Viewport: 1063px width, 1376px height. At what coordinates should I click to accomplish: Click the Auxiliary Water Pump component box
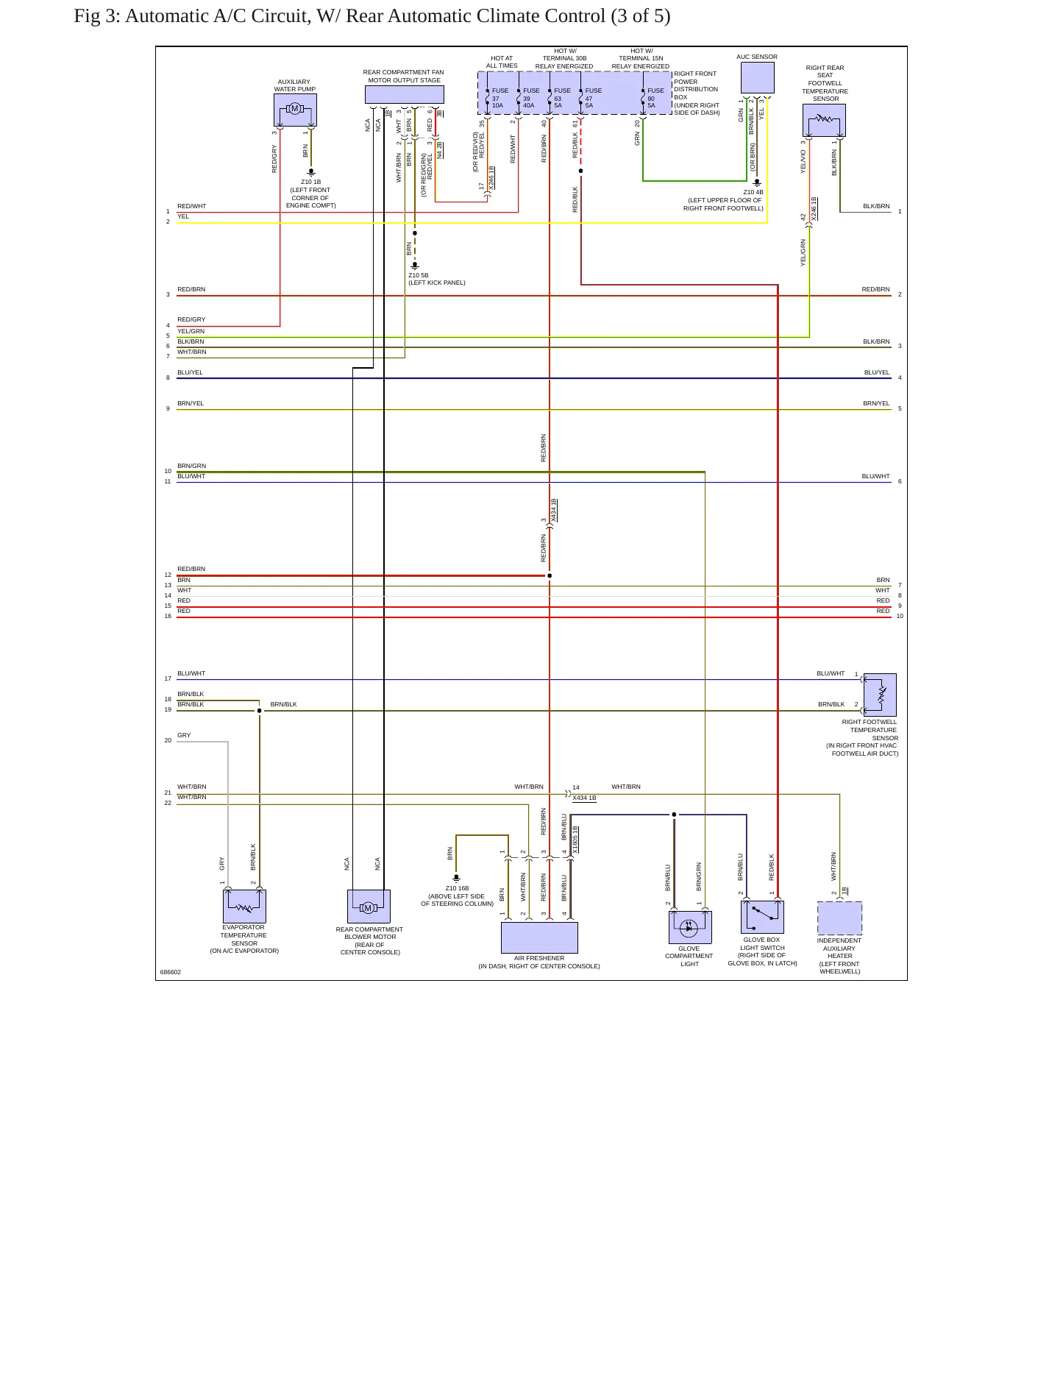point(295,110)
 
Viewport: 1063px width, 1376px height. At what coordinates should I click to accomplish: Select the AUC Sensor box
point(757,78)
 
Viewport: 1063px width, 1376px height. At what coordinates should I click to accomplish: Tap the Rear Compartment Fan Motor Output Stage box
point(404,94)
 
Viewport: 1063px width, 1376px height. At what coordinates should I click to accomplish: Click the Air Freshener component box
point(539,937)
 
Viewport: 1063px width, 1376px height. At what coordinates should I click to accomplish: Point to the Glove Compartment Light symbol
point(690,927)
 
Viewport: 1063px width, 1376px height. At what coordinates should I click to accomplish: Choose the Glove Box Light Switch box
point(762,917)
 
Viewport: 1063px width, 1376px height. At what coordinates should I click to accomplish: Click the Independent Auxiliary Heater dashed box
point(839,918)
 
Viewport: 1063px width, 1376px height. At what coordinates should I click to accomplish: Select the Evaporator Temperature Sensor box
point(244,907)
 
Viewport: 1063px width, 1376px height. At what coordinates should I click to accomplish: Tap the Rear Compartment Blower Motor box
point(369,907)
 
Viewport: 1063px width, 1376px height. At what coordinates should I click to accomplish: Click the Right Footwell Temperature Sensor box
point(880,695)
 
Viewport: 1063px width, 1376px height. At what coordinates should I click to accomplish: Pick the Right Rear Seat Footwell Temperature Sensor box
point(824,120)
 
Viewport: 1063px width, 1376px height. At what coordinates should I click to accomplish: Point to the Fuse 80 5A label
point(655,98)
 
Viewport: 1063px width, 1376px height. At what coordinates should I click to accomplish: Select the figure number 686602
point(171,972)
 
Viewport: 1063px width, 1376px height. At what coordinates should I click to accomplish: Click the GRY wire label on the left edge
point(184,735)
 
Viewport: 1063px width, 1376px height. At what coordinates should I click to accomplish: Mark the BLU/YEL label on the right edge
point(877,372)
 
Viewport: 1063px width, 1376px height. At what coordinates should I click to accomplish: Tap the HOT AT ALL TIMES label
point(502,62)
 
